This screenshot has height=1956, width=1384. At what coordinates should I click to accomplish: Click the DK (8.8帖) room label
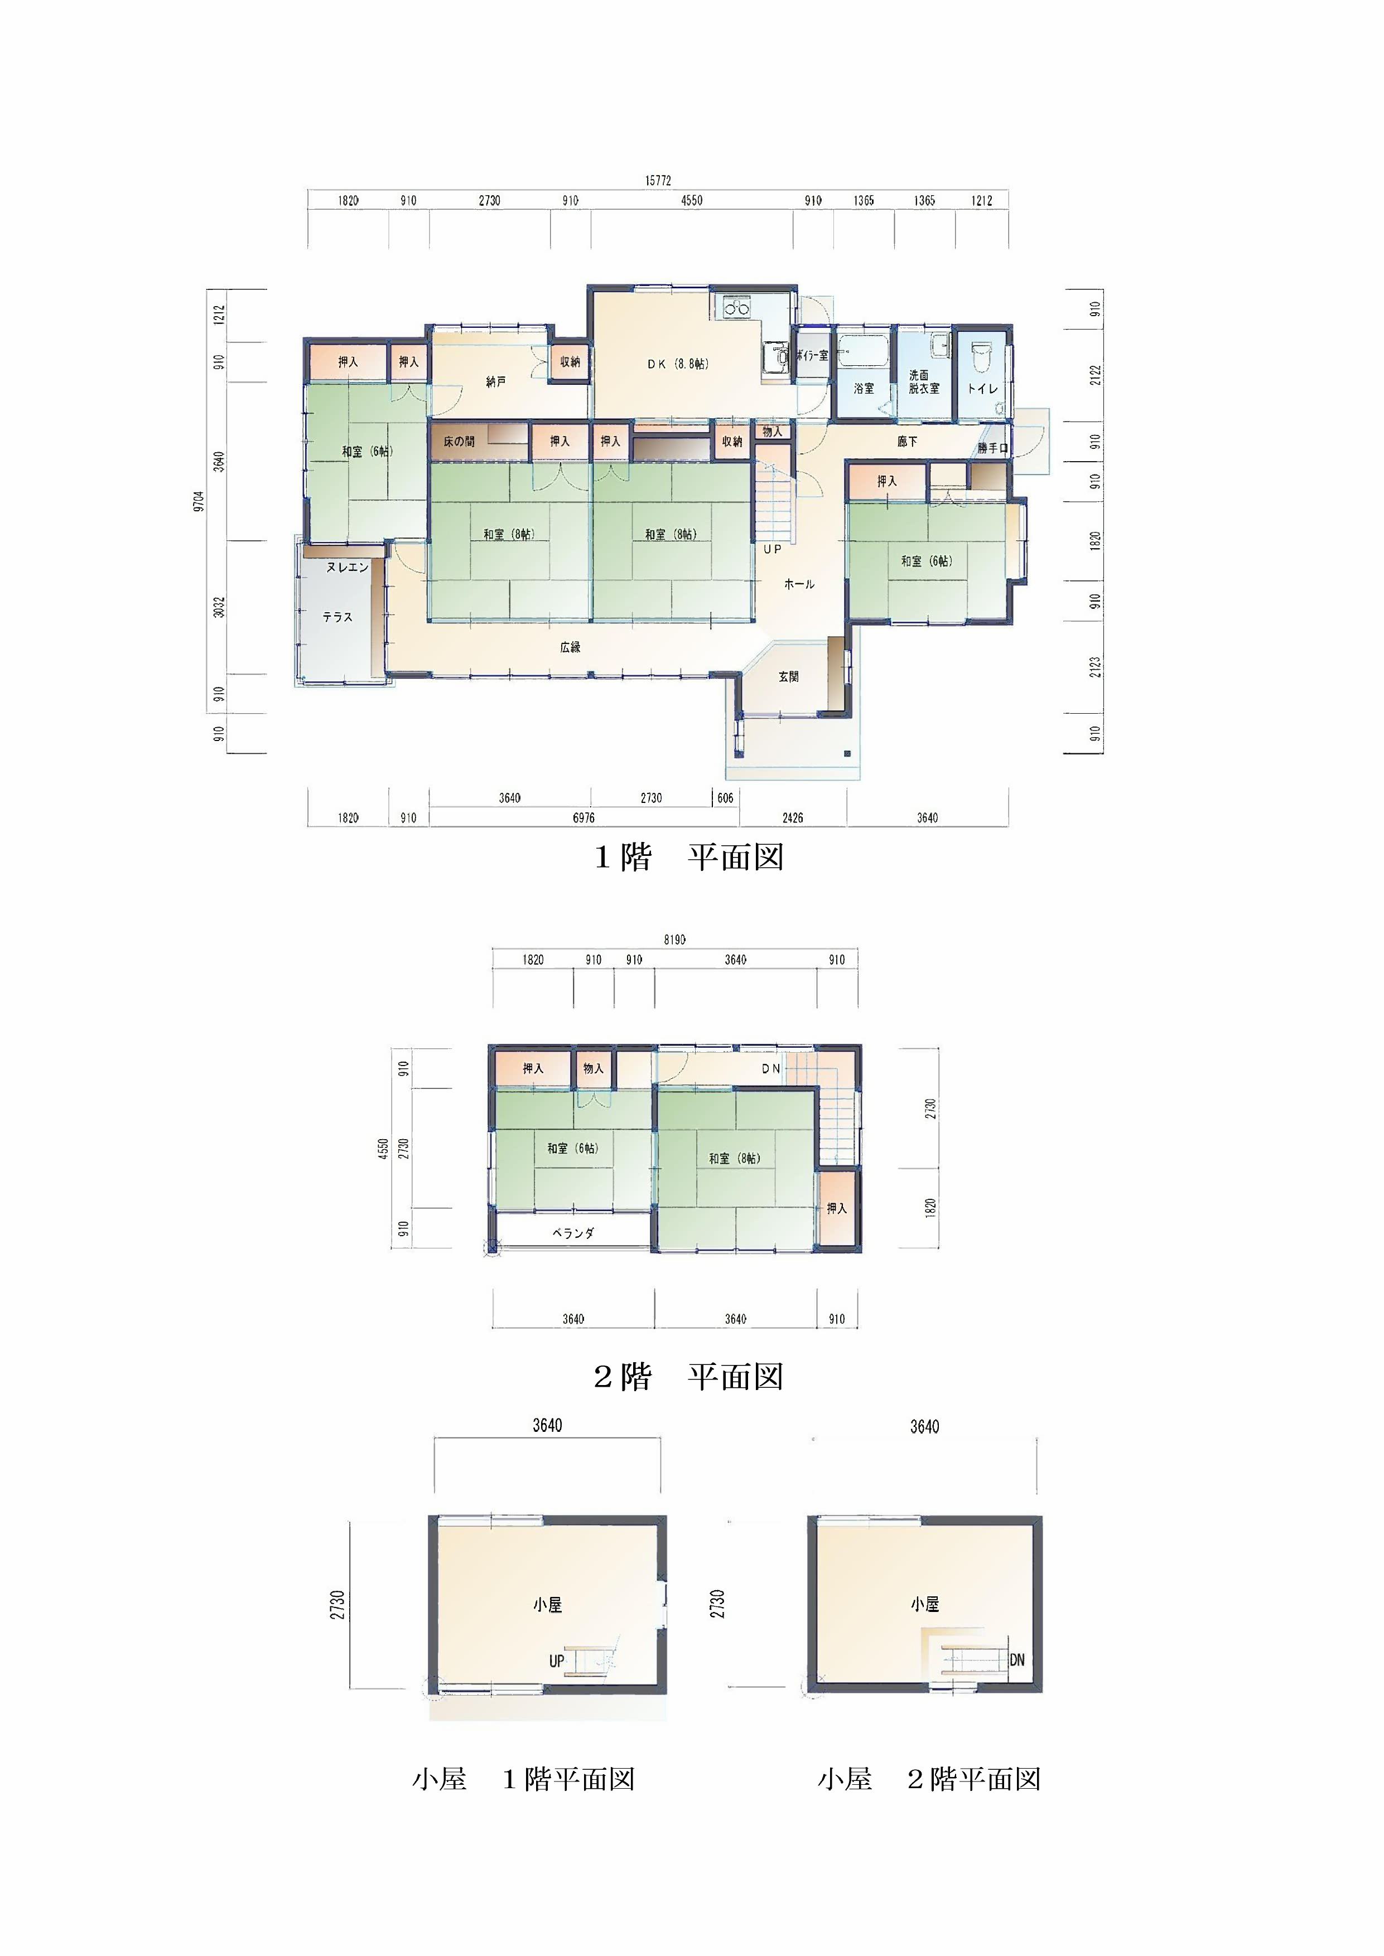tap(678, 364)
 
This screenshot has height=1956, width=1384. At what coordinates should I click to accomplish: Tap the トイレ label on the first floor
tap(982, 389)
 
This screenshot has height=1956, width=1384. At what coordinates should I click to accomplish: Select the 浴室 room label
tap(864, 389)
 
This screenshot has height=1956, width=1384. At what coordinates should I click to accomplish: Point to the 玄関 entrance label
tap(788, 676)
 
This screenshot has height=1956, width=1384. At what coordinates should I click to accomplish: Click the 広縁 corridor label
tap(570, 647)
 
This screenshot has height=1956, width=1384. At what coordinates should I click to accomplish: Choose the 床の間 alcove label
tap(459, 441)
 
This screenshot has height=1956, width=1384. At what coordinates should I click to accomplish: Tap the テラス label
tap(337, 617)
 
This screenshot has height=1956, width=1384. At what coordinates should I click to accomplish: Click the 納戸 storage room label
tap(496, 381)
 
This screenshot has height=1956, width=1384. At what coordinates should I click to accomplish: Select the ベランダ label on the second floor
tap(573, 1233)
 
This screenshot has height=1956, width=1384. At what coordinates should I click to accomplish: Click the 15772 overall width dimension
tap(657, 181)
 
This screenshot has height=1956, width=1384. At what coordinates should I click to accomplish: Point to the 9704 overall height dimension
tap(199, 501)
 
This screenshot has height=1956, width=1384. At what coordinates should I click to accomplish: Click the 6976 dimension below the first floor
tap(584, 818)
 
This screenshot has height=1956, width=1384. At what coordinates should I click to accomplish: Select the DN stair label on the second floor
tap(770, 1068)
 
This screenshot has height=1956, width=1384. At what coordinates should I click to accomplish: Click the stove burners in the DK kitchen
tap(736, 308)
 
